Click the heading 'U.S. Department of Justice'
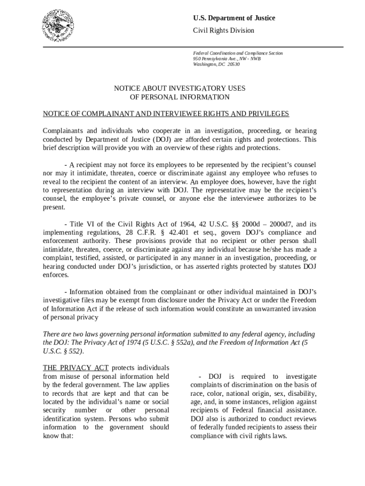[234, 18]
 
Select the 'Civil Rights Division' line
[223, 30]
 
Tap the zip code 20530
[234, 64]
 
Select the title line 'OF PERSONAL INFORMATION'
[179, 97]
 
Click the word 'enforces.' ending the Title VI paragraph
[56, 275]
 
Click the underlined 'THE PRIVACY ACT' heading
[76, 368]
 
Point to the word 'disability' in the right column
[301, 393]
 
